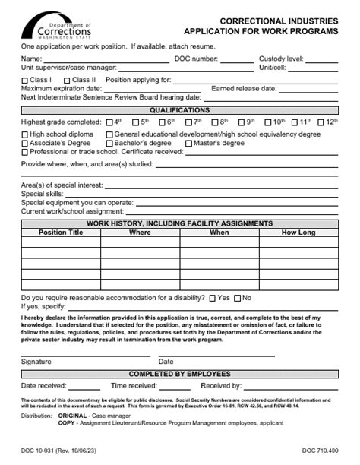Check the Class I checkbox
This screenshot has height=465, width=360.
pyautogui.click(x=25, y=79)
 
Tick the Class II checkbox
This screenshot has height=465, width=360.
pyautogui.click(x=68, y=79)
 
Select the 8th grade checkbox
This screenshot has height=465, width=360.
pyautogui.click(x=214, y=122)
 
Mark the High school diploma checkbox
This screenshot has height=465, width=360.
pyautogui.click(x=25, y=134)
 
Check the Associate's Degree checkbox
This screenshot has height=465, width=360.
pyautogui.click(x=25, y=143)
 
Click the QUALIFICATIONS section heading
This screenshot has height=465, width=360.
pyautogui.click(x=179, y=110)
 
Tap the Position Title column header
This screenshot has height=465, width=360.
pyautogui.click(x=61, y=232)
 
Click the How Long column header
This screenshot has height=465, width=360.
pyautogui.click(x=298, y=232)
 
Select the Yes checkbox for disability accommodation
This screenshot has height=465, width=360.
pyautogui.click(x=214, y=298)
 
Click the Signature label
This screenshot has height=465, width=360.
pyautogui.click(x=36, y=361)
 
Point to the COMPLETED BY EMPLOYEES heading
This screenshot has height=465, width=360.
pyautogui.click(x=179, y=374)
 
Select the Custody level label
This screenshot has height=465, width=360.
pyautogui.click(x=281, y=59)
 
